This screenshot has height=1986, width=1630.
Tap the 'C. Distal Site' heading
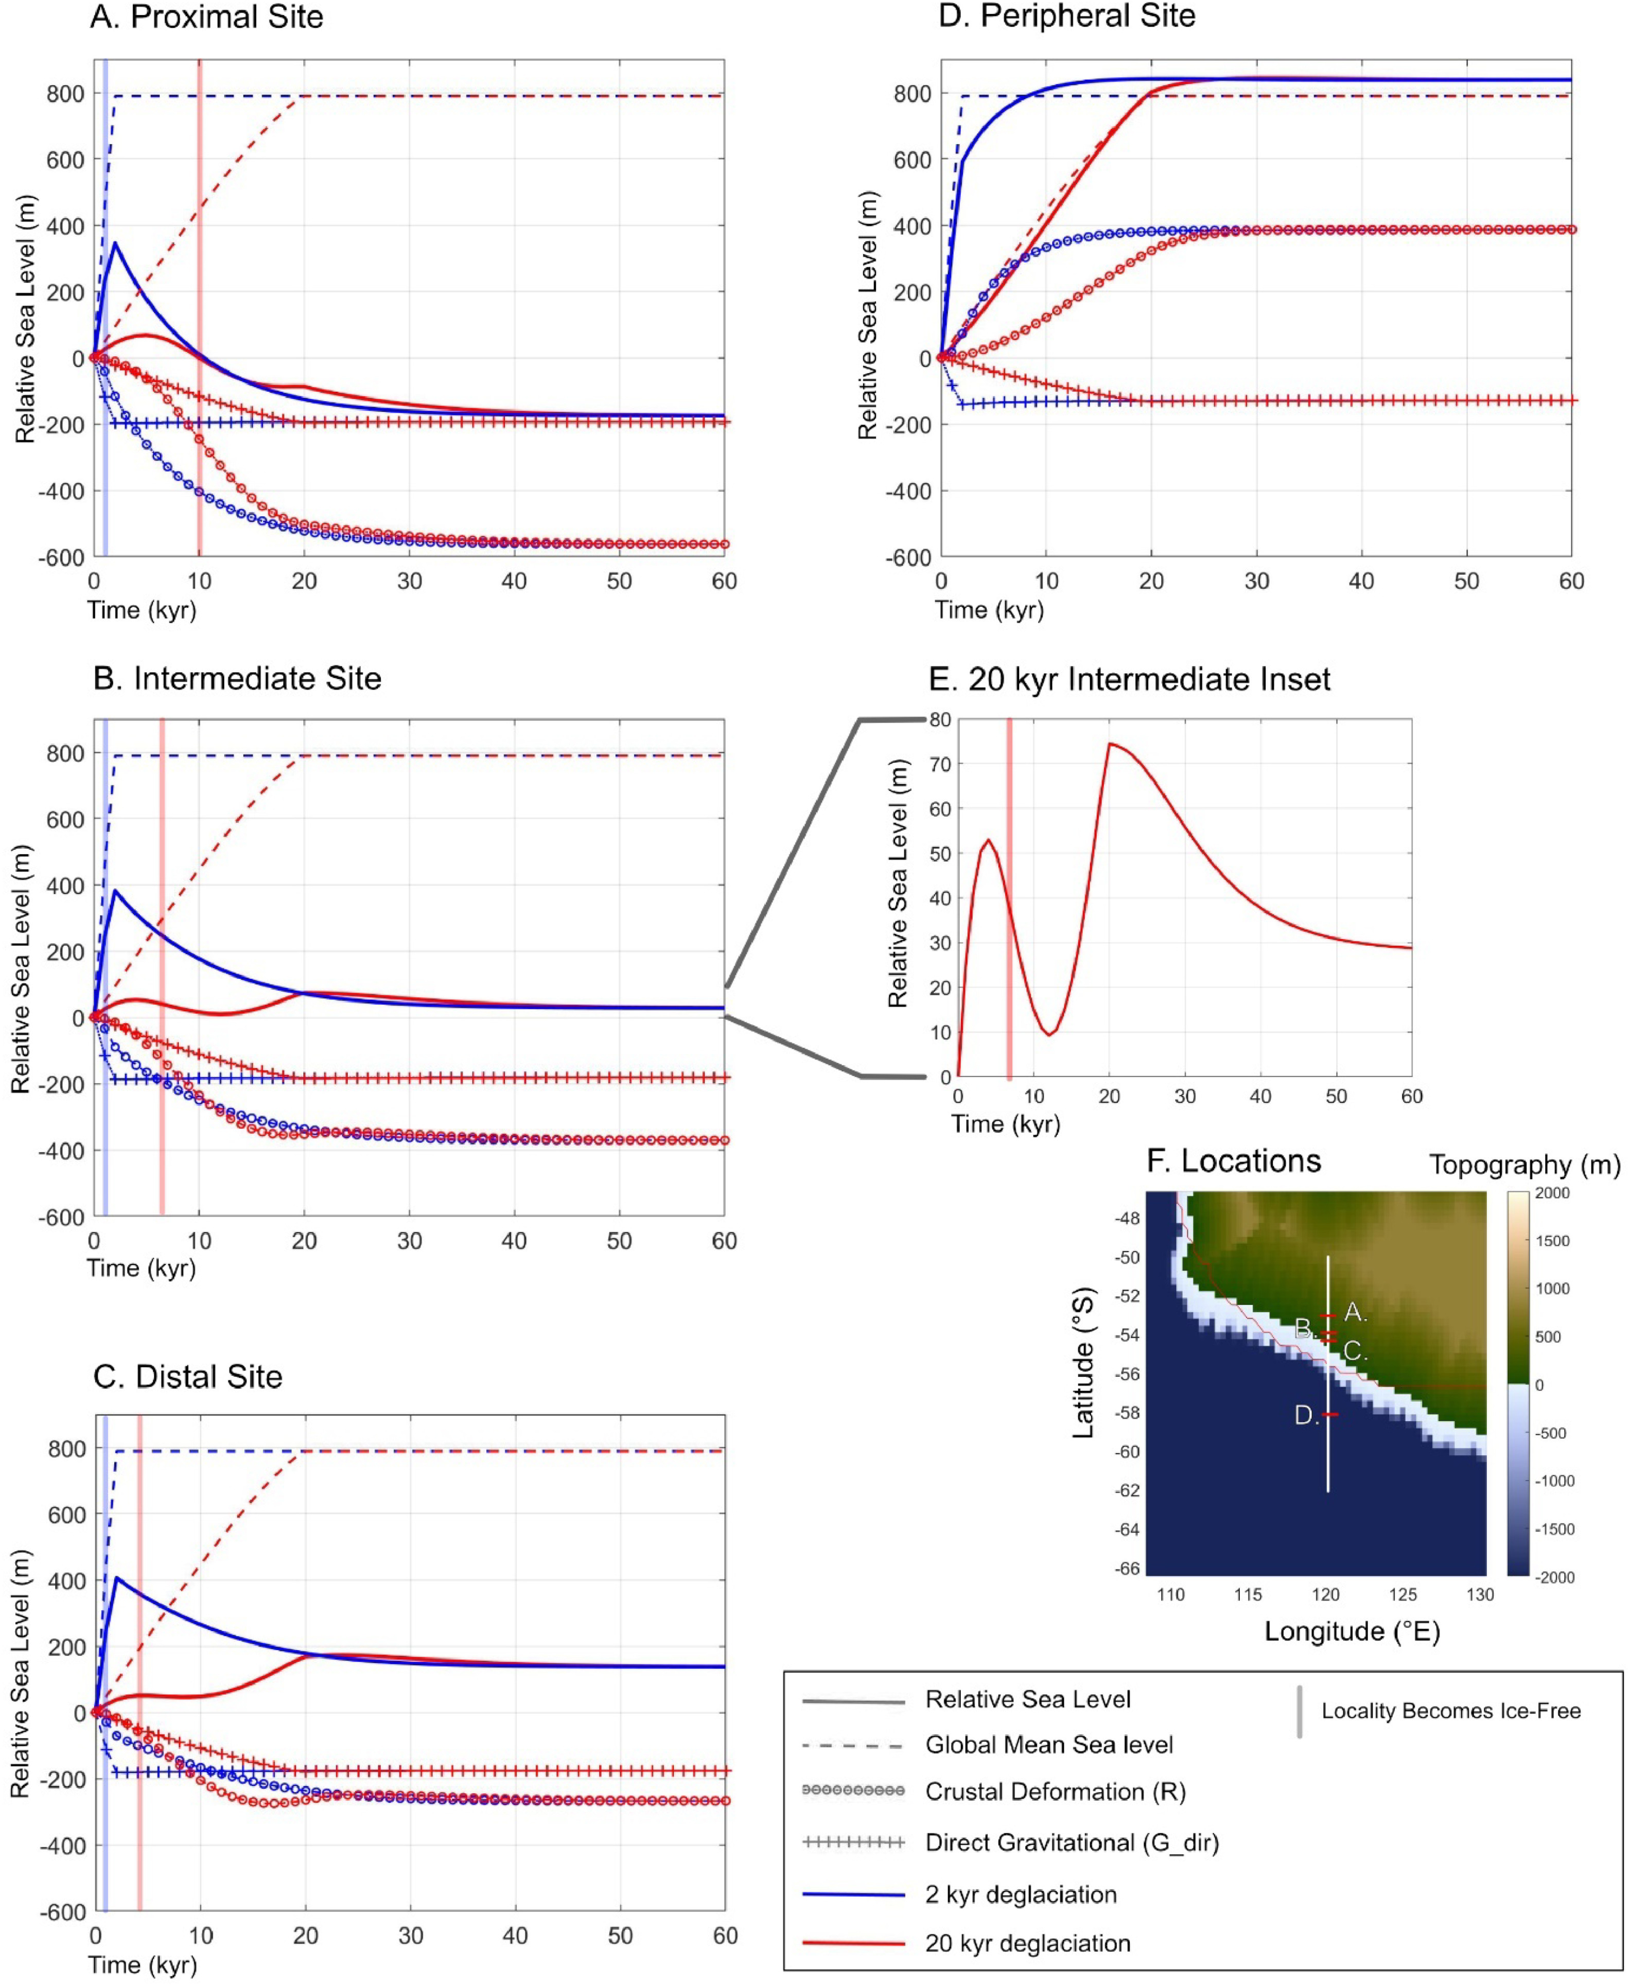pyautogui.click(x=188, y=1377)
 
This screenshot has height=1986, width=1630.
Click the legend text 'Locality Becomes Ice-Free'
pyautogui.click(x=1451, y=1711)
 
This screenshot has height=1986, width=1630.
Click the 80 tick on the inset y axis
pyautogui.click(x=940, y=720)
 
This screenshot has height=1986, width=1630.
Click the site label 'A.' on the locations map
pyautogui.click(x=1355, y=1313)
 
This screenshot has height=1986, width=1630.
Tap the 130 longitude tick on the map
pyautogui.click(x=1480, y=1594)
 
